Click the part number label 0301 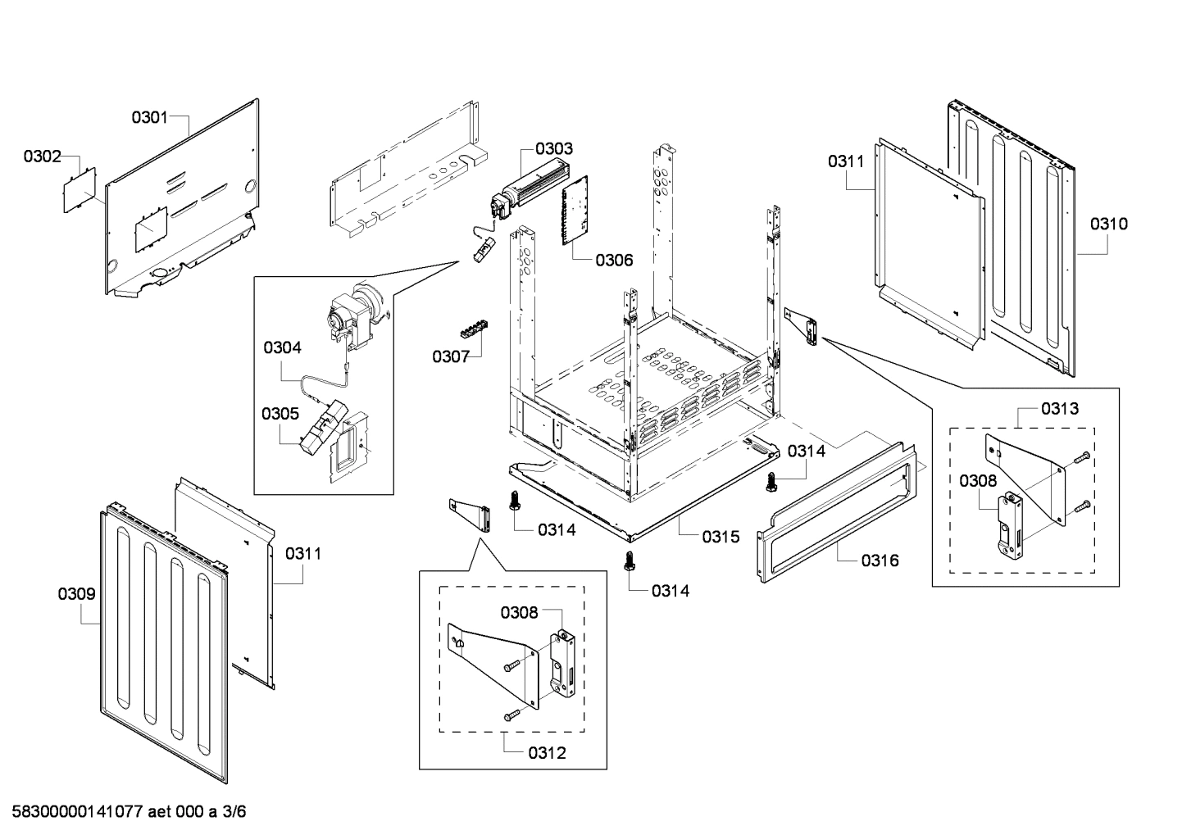pyautogui.click(x=149, y=117)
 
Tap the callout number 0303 pyautogui.click(x=554, y=148)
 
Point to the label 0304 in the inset pyautogui.click(x=282, y=347)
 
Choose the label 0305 pyautogui.click(x=280, y=413)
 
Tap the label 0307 pyautogui.click(x=451, y=356)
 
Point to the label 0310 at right pyautogui.click(x=1108, y=223)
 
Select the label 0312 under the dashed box pyautogui.click(x=547, y=752)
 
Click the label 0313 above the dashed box pyautogui.click(x=1060, y=408)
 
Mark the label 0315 pyautogui.click(x=721, y=537)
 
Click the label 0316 pyautogui.click(x=880, y=560)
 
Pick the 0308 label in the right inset pyautogui.click(x=978, y=481)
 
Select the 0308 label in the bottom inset pyautogui.click(x=520, y=611)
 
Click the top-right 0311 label pyautogui.click(x=845, y=161)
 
